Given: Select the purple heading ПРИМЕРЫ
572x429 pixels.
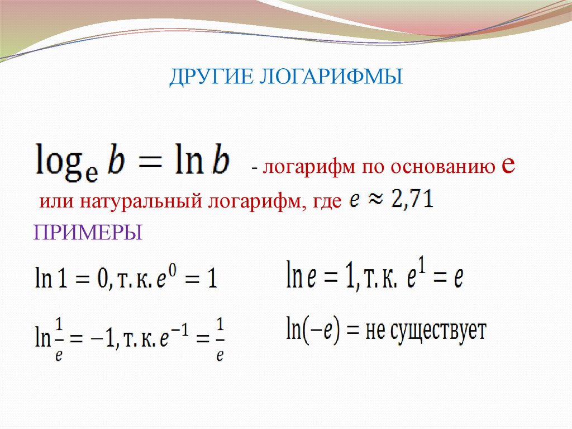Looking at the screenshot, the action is (x=88, y=232).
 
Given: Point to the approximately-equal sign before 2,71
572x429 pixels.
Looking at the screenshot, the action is (x=376, y=200).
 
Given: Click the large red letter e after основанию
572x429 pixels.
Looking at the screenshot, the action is (x=508, y=165).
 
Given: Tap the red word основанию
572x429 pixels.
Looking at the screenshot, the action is (x=443, y=167).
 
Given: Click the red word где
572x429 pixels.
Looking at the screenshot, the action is (x=327, y=202).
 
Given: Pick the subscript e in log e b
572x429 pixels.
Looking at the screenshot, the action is (x=92, y=175).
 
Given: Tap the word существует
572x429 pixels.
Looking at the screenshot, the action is (x=438, y=331).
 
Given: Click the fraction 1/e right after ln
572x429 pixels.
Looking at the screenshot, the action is (x=59, y=340).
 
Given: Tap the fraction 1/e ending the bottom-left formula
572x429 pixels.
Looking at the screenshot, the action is (x=220, y=340).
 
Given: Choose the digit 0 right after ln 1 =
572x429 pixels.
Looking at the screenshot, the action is (x=103, y=279).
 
